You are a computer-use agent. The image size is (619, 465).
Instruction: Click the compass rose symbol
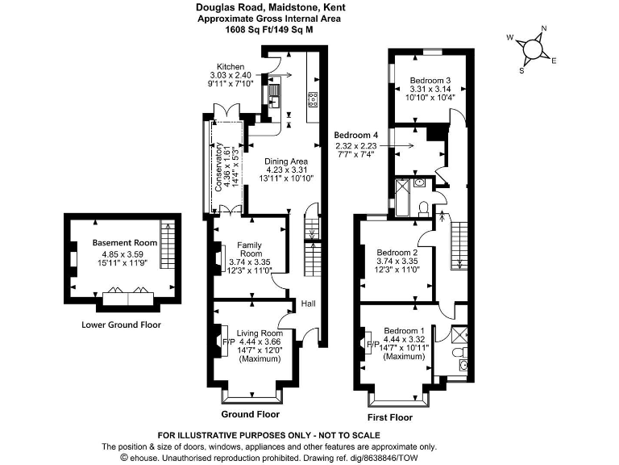click(x=532, y=49)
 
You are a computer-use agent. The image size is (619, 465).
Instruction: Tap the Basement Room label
click(x=124, y=242)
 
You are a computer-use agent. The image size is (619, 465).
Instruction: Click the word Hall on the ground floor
click(x=309, y=304)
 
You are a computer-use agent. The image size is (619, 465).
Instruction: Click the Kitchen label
click(x=231, y=67)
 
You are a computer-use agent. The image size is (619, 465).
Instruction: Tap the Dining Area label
click(x=288, y=161)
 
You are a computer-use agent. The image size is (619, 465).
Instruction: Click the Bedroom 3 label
click(x=430, y=81)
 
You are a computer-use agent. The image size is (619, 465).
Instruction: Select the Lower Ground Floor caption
click(x=122, y=325)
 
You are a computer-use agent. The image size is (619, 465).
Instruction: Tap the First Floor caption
click(x=389, y=417)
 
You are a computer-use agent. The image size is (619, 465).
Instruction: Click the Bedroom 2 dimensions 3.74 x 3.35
click(x=397, y=261)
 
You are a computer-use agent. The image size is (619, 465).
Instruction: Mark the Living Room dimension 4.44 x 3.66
click(x=259, y=341)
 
